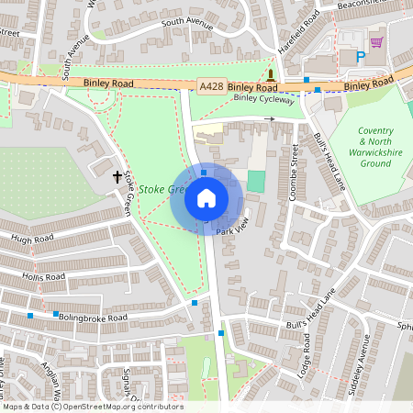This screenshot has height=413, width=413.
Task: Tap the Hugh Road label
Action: tap(31, 240)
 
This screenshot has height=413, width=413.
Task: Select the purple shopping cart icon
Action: tap(376, 41)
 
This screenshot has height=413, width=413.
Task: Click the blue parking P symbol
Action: tap(360, 57)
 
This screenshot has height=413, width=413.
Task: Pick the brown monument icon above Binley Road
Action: tap(272, 73)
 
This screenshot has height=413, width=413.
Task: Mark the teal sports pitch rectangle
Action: tap(255, 181)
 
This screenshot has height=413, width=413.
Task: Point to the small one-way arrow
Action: tap(270, 118)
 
